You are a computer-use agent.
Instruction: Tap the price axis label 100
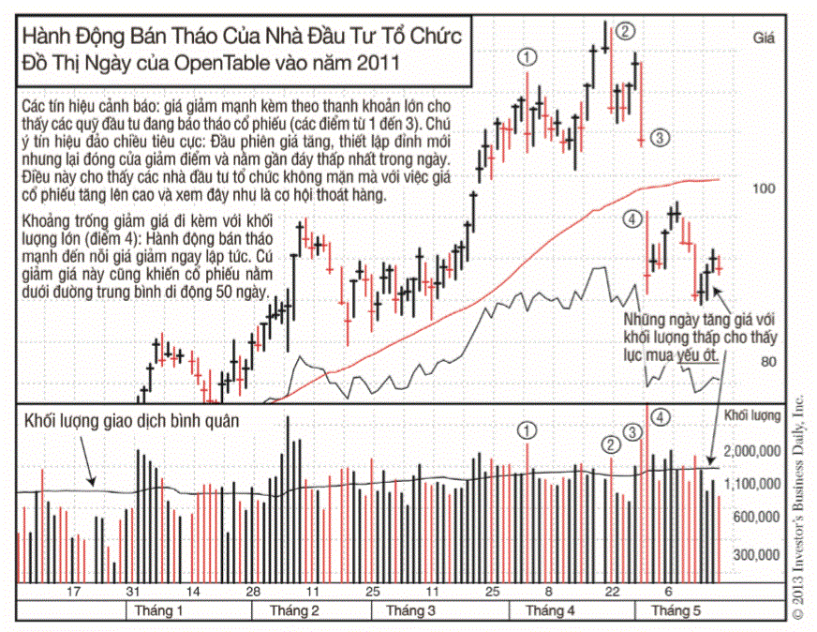pos(765,188)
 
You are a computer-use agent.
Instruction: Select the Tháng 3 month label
pos(403,610)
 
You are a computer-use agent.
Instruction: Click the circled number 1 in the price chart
pos(527,56)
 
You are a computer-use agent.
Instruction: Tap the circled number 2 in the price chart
pos(626,31)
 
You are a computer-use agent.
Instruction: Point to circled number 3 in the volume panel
pos(633,432)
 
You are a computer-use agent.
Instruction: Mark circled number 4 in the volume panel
pos(661,416)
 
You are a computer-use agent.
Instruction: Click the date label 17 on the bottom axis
pos(74,592)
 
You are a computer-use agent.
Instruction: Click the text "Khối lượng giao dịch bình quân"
pos(133,421)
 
